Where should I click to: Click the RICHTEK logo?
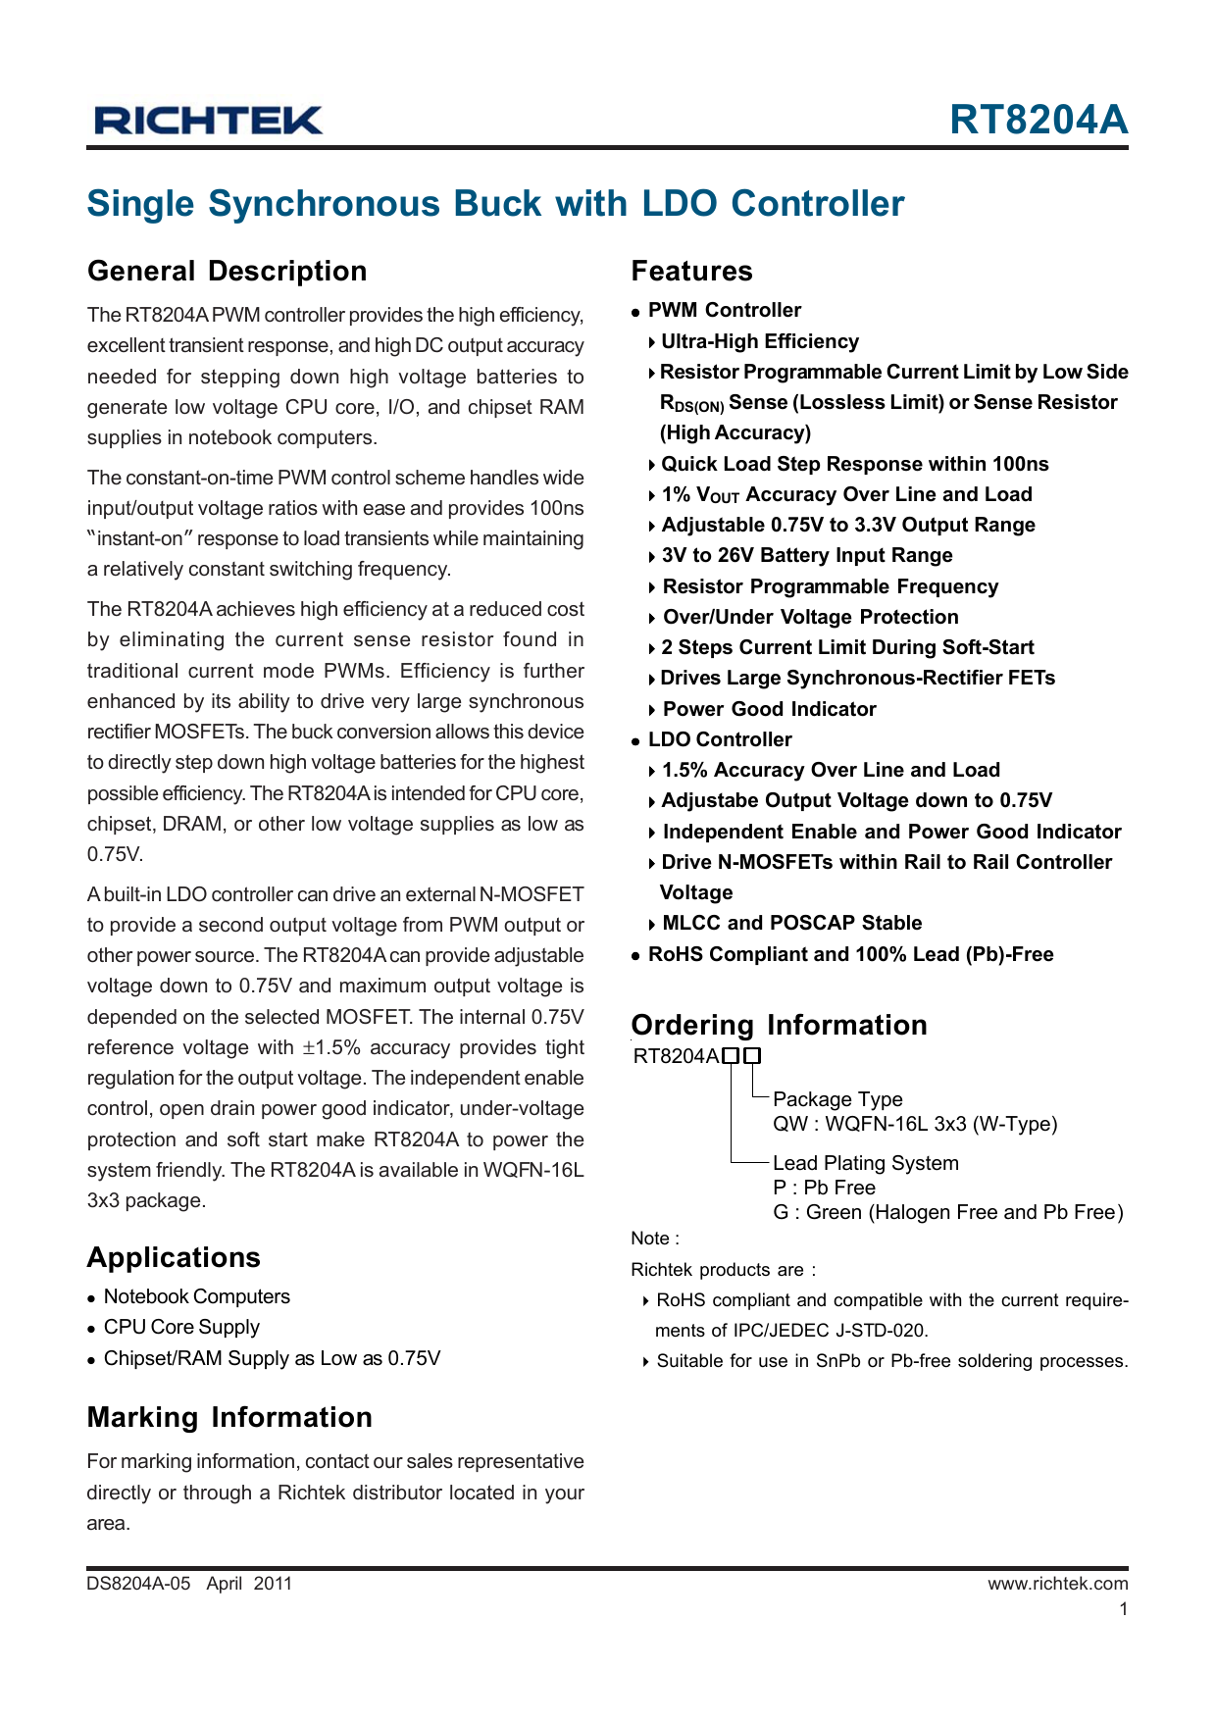click(208, 121)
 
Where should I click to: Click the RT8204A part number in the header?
click(1039, 120)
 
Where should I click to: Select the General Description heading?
click(227, 272)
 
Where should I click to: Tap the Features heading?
click(691, 272)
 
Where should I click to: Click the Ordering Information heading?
click(779, 1026)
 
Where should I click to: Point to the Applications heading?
click(174, 1258)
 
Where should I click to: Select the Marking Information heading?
click(229, 1418)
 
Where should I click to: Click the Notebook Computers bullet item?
click(196, 1297)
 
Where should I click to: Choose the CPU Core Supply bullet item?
click(181, 1328)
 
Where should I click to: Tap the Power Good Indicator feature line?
click(769, 709)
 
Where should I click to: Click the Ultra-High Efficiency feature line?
click(759, 341)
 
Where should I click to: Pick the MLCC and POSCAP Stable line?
click(791, 923)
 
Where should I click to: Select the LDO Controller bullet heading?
click(719, 739)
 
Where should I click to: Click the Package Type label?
click(836, 1099)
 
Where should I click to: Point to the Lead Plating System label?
click(865, 1163)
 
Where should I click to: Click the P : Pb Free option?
click(824, 1188)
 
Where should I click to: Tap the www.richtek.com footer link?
click(1057, 1584)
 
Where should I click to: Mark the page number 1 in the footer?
click(1123, 1609)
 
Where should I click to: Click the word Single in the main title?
click(141, 204)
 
